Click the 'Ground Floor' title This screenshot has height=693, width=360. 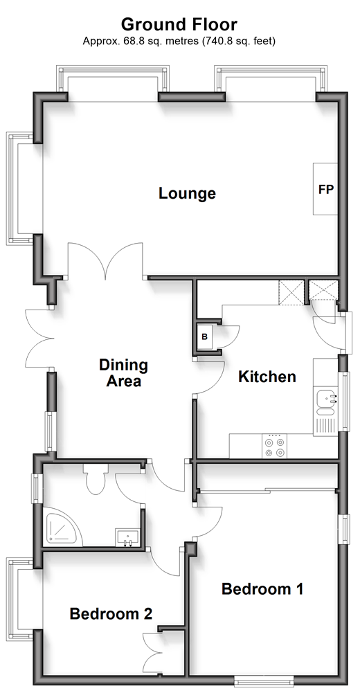[x=179, y=24]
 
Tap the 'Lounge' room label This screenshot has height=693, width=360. [x=188, y=194]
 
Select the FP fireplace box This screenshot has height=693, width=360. [x=325, y=189]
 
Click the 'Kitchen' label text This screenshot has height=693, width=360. [x=267, y=377]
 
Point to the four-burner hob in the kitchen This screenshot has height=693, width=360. [x=274, y=446]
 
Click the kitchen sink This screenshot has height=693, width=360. [x=325, y=403]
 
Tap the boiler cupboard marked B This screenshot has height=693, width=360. [x=204, y=336]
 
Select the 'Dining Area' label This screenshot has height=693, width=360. [x=123, y=373]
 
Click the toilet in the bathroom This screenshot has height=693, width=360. [x=96, y=478]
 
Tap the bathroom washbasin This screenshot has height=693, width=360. [x=127, y=537]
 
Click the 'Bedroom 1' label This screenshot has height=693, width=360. [x=262, y=589]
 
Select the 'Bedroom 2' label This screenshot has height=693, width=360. [x=111, y=613]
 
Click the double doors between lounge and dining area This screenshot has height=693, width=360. [x=105, y=261]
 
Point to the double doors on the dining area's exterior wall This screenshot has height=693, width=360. [x=39, y=339]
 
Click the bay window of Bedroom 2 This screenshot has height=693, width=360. [x=20, y=599]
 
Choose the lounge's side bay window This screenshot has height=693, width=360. [x=20, y=189]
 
